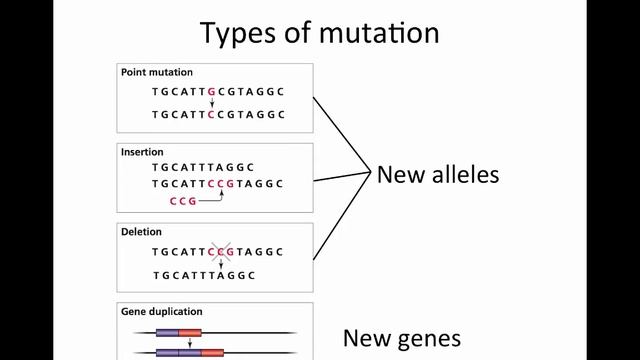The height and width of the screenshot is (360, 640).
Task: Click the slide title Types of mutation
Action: [x=319, y=32]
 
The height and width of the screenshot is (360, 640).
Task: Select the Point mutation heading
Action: [x=157, y=72]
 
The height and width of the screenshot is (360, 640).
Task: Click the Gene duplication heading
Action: [x=161, y=312]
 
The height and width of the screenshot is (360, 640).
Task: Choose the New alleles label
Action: [x=437, y=175]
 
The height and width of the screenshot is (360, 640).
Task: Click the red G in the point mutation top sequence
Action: [x=211, y=91]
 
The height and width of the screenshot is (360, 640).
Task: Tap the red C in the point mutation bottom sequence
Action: [x=211, y=114]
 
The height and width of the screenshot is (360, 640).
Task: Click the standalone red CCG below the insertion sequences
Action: [x=183, y=201]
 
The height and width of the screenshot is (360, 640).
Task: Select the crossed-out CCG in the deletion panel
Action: [x=221, y=252]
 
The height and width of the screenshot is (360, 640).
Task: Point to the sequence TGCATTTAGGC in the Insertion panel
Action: [x=204, y=167]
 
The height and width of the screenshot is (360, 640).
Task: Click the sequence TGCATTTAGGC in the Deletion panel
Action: [x=204, y=275]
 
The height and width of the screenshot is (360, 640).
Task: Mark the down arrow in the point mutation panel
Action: [x=211, y=102]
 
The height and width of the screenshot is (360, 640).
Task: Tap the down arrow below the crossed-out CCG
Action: [x=221, y=264]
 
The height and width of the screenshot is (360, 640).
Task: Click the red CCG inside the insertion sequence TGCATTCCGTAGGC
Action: [x=221, y=184]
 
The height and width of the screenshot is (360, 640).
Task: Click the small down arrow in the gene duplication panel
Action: [x=190, y=342]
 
